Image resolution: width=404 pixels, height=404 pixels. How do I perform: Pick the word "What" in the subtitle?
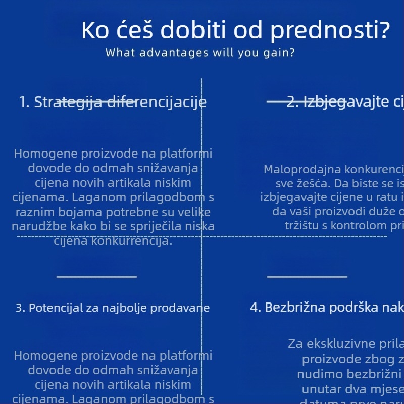pyautogui.click(x=119, y=53)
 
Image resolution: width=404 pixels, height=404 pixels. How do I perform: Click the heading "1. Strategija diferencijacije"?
pyautogui.click(x=113, y=102)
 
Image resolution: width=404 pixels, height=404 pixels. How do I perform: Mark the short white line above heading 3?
pyautogui.click(x=96, y=276)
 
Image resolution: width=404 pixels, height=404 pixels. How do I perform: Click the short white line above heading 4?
pyautogui.click(x=307, y=276)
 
